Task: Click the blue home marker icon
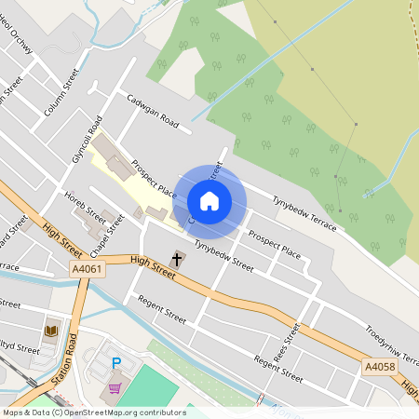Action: tap(209, 200)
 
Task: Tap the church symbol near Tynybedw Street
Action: tap(178, 257)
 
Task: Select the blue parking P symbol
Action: tap(116, 364)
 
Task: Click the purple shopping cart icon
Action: tap(115, 388)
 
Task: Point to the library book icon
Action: tap(51, 331)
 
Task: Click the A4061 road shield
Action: tap(87, 269)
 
